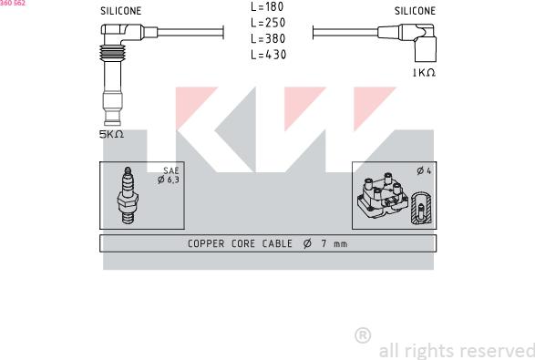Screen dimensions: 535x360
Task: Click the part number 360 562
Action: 13,3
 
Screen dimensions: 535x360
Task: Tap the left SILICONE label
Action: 121,11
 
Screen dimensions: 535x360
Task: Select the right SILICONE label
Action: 415,11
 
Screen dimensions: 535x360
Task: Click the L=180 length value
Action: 267,6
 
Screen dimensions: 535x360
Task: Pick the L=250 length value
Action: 268,23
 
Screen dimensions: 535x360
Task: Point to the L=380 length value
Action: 268,38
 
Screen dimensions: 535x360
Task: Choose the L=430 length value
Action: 268,55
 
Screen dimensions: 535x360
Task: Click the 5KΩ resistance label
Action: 111,135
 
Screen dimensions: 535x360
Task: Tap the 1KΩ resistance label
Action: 424,73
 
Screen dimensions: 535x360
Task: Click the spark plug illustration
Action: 128,196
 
